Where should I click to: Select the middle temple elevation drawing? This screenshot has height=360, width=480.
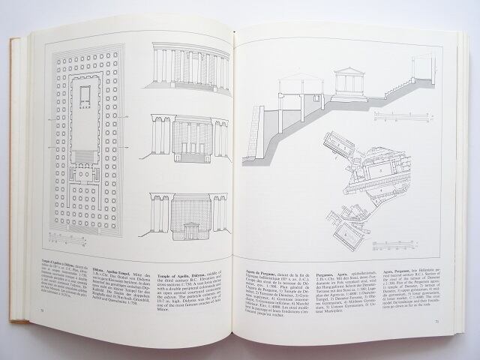point(190,139)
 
